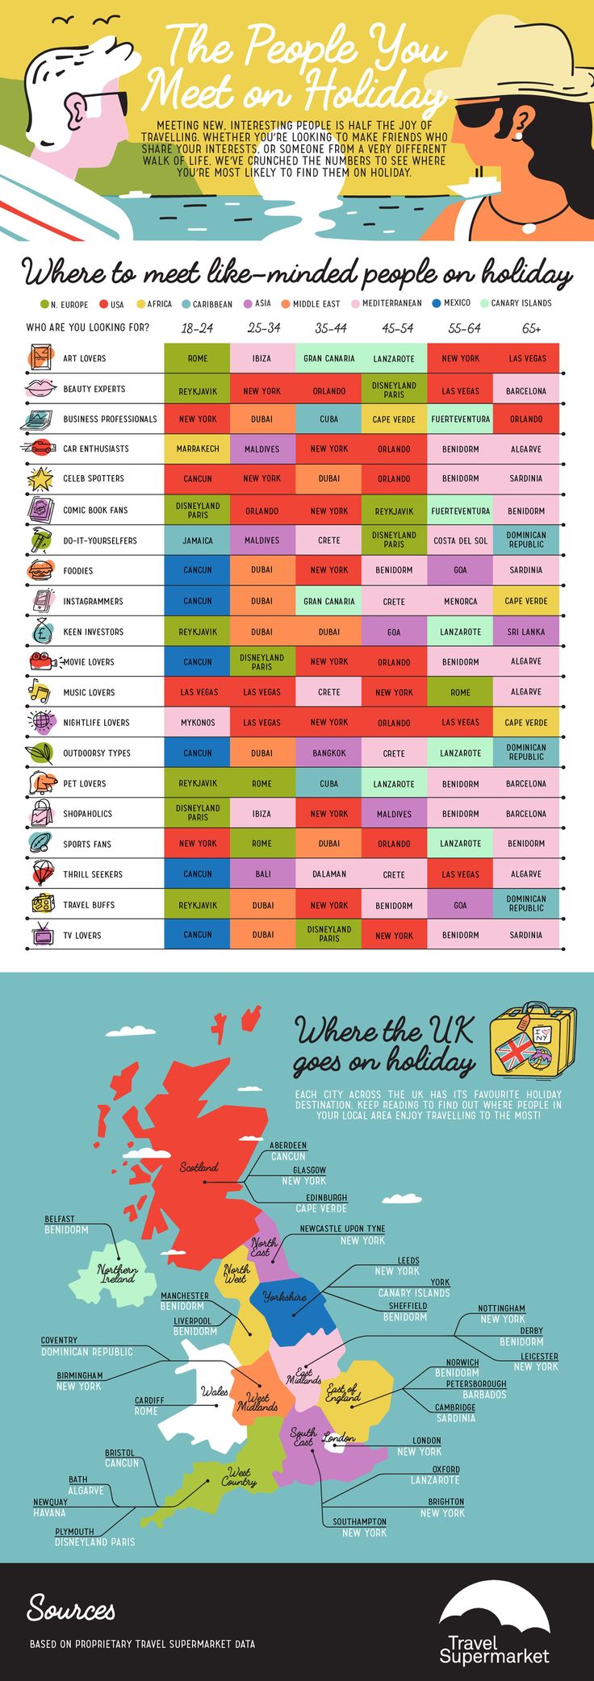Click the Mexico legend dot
[x=437, y=303]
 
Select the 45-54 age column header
[x=397, y=328]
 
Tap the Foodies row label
[x=78, y=571]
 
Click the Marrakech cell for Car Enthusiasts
[x=197, y=448]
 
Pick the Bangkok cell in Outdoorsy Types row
[x=329, y=753]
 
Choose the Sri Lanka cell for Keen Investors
[x=525, y=632]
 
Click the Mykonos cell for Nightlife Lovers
[x=197, y=723]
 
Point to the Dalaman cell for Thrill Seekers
[x=329, y=874]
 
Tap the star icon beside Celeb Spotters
[x=40, y=479]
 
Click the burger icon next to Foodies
[x=40, y=571]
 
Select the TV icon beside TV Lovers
[x=40, y=935]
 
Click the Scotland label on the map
[x=199, y=1167]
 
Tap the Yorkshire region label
[x=285, y=1296]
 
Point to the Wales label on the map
[x=215, y=1391]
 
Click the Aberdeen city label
[x=288, y=1145]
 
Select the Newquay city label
[x=50, y=1502]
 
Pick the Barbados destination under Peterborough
[x=484, y=1395]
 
